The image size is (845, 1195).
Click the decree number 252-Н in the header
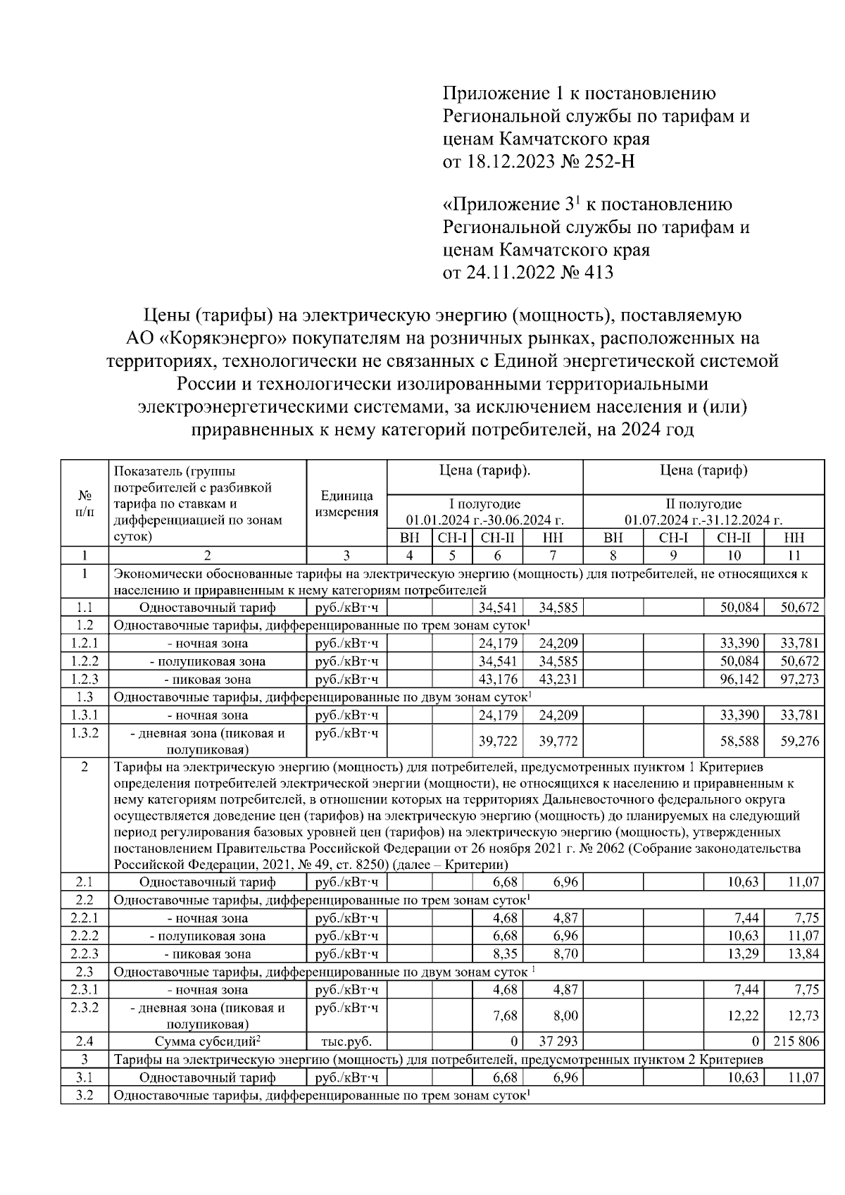point(605,161)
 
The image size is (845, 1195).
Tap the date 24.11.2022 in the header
point(506,272)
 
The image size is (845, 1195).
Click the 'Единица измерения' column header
point(346,503)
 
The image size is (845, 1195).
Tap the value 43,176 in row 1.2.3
point(498,679)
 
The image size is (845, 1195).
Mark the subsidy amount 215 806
point(796,1041)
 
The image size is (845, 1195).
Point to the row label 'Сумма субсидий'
point(207,1041)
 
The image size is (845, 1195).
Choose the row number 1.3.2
point(84,733)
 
